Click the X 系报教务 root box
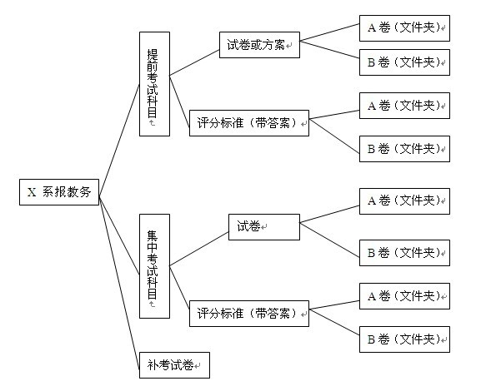click(x=59, y=192)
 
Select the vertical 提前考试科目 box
click(x=154, y=84)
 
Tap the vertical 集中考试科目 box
click(x=154, y=266)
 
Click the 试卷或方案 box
click(x=259, y=45)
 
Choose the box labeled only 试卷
click(x=264, y=227)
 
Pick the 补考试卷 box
click(x=174, y=365)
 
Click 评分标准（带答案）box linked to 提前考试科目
click(x=249, y=123)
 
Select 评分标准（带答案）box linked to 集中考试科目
click(x=249, y=314)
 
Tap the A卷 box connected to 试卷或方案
click(x=404, y=27)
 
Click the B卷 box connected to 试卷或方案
click(x=404, y=62)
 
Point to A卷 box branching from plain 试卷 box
click(x=404, y=201)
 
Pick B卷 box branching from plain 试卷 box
click(x=404, y=253)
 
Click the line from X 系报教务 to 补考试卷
click(x=119, y=282)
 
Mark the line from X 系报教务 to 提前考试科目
click(x=119, y=140)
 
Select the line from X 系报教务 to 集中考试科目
click(x=119, y=235)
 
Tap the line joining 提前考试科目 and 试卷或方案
click(x=194, y=62)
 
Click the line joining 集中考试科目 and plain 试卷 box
click(x=199, y=249)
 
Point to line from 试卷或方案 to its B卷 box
click(x=329, y=50)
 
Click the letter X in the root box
click(x=32, y=192)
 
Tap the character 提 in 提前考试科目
click(x=153, y=55)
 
